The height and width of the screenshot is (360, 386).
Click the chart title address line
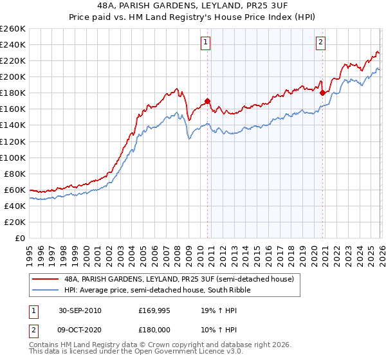[193, 4]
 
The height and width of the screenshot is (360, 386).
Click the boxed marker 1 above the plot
[205, 43]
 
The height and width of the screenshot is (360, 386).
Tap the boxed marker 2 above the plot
[320, 43]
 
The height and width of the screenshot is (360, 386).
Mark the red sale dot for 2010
[208, 101]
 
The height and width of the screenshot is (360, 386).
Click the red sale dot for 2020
[322, 93]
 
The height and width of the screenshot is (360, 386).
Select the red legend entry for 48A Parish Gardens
[178, 279]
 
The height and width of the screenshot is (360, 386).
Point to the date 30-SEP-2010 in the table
[79, 310]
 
